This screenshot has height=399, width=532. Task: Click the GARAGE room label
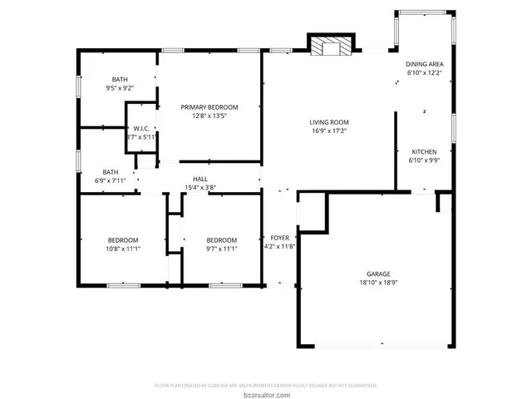coord(378,273)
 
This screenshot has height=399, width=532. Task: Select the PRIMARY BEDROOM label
coord(209,107)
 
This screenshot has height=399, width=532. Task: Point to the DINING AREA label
coord(423,64)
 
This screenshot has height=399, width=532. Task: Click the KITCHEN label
coord(424,152)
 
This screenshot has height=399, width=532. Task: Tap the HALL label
coord(200,179)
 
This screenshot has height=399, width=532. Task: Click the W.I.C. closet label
coord(140,128)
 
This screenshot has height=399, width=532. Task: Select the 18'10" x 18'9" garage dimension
coord(378,283)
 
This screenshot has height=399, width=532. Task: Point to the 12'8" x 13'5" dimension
coord(209,116)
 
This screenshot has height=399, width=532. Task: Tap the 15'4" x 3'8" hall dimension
coord(200,188)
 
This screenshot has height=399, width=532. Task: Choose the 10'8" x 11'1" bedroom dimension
coord(122,249)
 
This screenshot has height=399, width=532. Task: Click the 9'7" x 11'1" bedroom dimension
coord(222,249)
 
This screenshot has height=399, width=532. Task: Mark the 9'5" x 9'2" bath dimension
coord(120,87)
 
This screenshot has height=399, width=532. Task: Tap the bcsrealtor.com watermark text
coord(266,394)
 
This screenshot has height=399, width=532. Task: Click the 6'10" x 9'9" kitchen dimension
coord(424,160)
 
